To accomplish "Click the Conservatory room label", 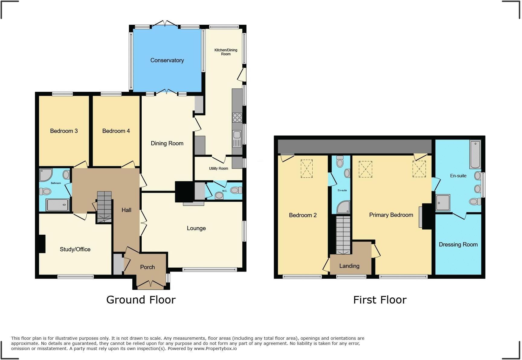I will point(167,60).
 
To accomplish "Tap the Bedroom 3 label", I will point(64,131).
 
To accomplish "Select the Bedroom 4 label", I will point(116,131).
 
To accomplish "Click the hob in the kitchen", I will point(237,117).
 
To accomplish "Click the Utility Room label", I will point(218,169).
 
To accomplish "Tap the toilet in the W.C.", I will point(236,190).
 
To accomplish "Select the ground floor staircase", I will point(104,207).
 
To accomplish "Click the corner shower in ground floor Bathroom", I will point(46,175).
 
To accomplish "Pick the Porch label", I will point(147,267).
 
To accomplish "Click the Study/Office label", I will point(75,249).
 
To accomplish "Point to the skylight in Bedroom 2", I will point(306,169).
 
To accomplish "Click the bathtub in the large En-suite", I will point(475,154).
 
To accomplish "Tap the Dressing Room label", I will point(458,245).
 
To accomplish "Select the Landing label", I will point(349,266).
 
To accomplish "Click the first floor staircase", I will point(343,235).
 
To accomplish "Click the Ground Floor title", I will point(141,300).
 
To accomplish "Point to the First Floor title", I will point(380,300).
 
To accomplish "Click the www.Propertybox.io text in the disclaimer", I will point(215,349).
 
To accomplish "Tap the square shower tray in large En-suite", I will point(443,202).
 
